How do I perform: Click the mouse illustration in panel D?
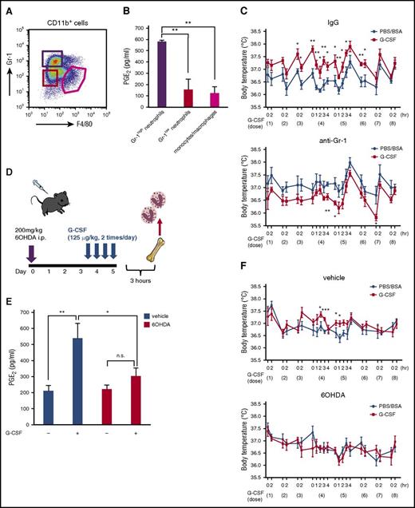tap(42, 203)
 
